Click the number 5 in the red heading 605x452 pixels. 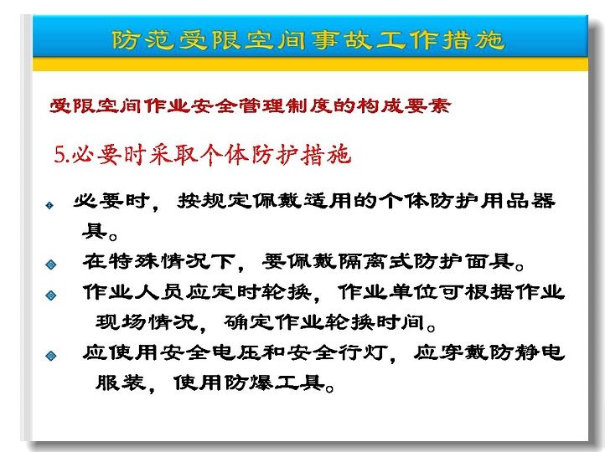59,156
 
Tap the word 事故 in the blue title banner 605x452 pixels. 342,40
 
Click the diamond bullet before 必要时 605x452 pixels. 49,205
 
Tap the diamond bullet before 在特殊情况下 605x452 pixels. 50,265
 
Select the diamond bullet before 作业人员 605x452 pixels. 50,295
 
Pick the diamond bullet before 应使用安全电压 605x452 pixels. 50,355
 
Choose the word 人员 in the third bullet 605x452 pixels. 158,292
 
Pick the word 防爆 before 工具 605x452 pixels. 248,383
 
